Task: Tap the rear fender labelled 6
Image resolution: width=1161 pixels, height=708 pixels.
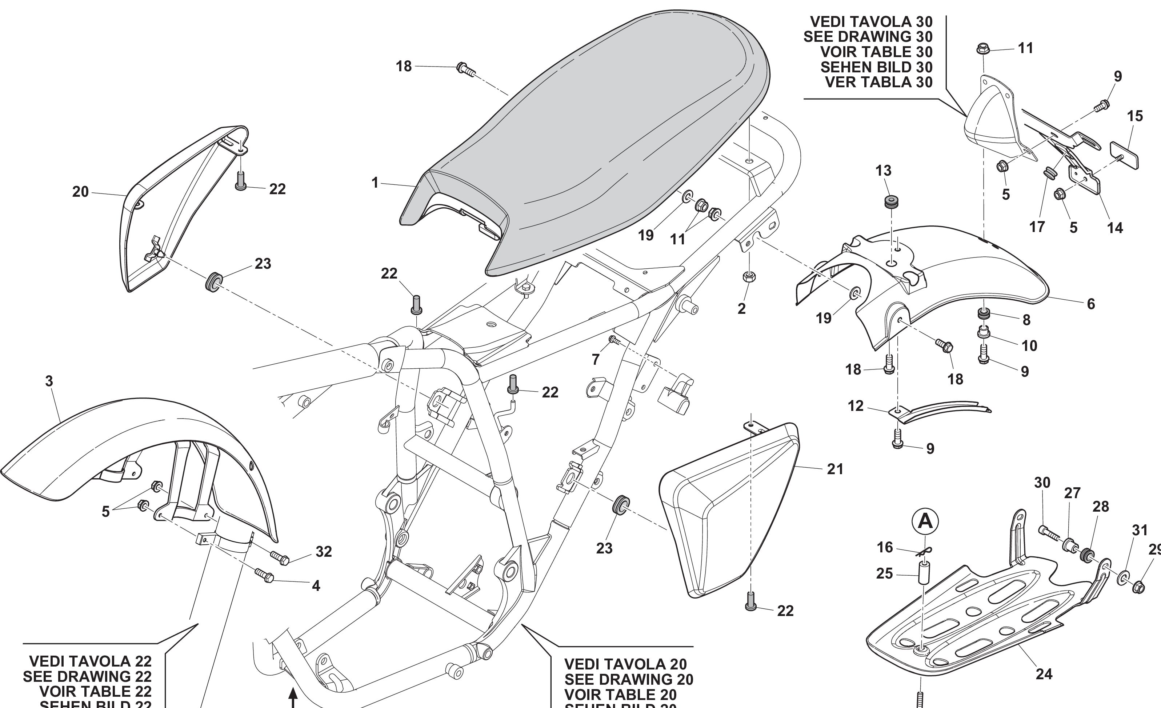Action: (966, 264)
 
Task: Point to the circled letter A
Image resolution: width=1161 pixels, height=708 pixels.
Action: (925, 521)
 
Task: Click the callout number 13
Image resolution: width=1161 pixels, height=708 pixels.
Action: (884, 171)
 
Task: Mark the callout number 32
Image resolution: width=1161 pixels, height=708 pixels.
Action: (324, 552)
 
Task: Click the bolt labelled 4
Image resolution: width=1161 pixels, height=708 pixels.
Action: (264, 576)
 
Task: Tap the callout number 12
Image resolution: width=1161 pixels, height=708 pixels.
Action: (856, 406)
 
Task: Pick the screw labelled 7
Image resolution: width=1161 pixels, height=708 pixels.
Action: (613, 339)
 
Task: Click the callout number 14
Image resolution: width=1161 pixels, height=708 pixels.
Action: (1115, 228)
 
